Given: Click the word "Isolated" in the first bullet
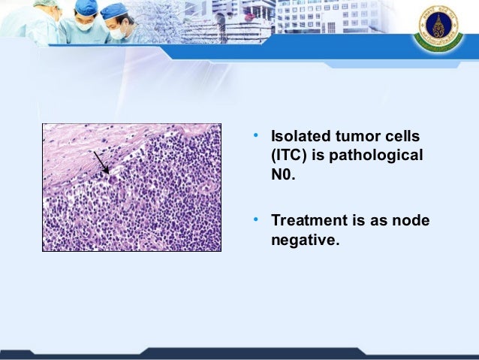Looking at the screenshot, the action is [300, 136].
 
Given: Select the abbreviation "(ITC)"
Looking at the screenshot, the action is [289, 156].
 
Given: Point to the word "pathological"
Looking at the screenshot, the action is [376, 156].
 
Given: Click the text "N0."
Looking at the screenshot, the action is [283, 174].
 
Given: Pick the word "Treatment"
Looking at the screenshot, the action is [309, 220].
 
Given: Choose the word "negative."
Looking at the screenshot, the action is [305, 240].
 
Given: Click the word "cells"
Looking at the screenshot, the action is [402, 136].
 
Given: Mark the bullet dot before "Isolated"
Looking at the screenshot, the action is [256, 135].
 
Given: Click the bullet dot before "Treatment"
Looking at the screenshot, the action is [256, 219].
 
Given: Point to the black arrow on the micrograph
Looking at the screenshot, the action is [101, 163].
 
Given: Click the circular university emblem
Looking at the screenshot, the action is [438, 28].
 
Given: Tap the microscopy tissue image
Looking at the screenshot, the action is [131, 187].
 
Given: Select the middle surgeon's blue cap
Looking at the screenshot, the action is [86, 7].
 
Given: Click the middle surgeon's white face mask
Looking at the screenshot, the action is [84, 26].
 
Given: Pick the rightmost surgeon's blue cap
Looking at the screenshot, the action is [113, 11].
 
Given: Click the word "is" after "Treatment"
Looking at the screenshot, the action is [359, 220].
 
